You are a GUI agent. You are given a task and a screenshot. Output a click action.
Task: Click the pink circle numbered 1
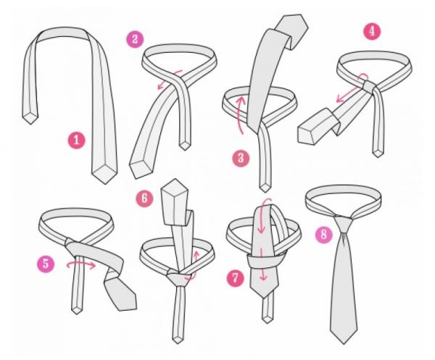tap(77, 140)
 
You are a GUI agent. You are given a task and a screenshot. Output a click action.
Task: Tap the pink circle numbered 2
tap(135, 39)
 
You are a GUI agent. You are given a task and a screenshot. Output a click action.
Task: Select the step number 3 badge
tap(241, 158)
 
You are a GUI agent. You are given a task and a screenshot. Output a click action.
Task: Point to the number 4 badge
tap(372, 31)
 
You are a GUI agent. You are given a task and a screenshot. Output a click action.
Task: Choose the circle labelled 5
tap(46, 264)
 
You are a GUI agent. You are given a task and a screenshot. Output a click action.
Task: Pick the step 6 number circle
tap(144, 198)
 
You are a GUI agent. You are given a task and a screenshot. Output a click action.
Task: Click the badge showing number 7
tap(235, 278)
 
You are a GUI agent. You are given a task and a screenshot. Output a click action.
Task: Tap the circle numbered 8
tap(323, 235)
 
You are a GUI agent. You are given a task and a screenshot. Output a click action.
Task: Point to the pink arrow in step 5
tap(80, 265)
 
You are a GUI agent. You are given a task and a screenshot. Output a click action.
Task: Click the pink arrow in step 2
tap(169, 79)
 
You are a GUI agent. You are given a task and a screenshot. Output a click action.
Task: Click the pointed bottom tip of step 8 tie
tap(344, 343)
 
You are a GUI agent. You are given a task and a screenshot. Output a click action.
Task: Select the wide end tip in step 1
tap(104, 183)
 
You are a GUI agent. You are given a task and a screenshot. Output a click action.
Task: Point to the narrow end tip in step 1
tap(30, 124)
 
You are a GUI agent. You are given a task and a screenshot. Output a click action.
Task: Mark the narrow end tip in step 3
tap(265, 191)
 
